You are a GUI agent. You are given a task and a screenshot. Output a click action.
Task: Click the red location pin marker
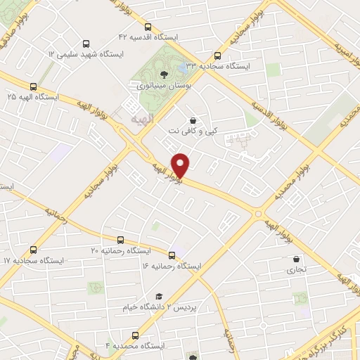[x=181, y=164]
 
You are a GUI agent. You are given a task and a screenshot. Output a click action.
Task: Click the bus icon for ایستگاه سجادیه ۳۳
[x=217, y=56]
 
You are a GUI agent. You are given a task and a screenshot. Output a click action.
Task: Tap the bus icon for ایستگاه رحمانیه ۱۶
[x=172, y=255]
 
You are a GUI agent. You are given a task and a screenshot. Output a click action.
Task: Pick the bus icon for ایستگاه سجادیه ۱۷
[x=34, y=250]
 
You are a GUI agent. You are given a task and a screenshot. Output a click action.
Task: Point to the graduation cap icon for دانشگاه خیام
[x=160, y=297]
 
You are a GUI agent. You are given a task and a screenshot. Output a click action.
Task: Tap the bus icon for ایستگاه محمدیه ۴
[x=136, y=335]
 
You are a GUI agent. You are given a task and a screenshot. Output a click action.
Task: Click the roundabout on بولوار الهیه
[x=259, y=213]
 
